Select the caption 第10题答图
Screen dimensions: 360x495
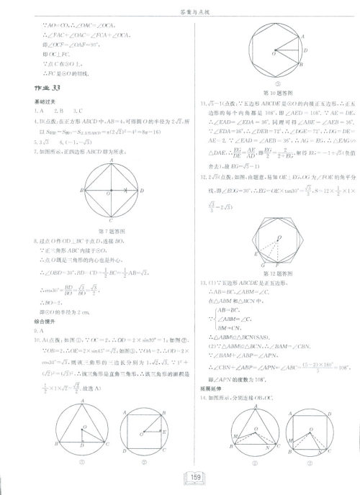click(277, 93)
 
